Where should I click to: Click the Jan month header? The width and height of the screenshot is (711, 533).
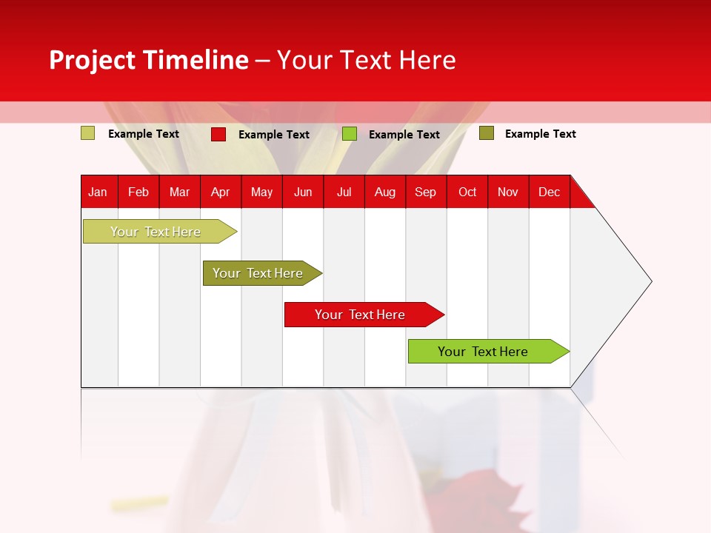click(x=99, y=192)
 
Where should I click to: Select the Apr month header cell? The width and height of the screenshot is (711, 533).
click(x=221, y=192)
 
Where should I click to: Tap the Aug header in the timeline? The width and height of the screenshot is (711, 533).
click(x=385, y=192)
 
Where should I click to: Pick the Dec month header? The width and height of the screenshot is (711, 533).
click(x=549, y=192)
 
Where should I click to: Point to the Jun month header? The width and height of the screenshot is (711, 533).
click(x=303, y=192)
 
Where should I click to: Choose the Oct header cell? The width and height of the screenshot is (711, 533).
click(x=467, y=192)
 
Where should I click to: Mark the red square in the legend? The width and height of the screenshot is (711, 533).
click(x=218, y=134)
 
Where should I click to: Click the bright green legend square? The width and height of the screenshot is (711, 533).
click(x=350, y=134)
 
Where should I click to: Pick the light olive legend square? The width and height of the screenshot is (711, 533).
click(x=87, y=133)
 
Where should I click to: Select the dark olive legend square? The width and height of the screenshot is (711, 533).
click(x=487, y=133)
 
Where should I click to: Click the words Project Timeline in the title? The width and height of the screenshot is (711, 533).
click(x=148, y=60)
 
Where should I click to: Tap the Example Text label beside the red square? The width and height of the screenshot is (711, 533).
click(x=274, y=135)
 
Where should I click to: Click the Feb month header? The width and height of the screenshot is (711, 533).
click(x=138, y=192)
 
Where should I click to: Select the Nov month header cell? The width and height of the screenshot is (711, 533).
click(x=508, y=192)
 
